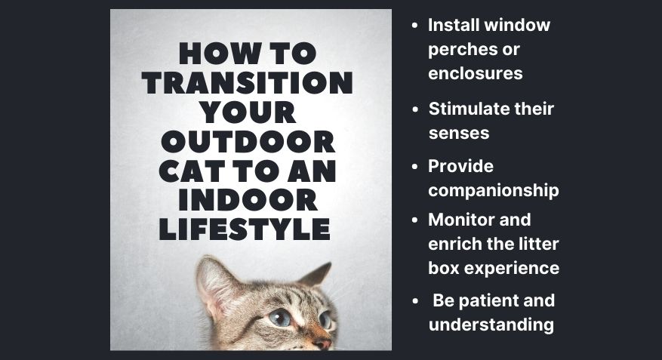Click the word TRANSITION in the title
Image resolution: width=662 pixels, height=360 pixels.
pos(248,83)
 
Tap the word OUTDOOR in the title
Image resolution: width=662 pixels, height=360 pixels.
pos(248,141)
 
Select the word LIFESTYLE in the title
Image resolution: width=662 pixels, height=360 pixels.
pos(245,229)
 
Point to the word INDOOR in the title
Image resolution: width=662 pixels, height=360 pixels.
pos(248,200)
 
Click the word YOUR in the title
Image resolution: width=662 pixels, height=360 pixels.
pos(248,112)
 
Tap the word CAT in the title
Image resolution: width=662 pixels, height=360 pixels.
pos(192,171)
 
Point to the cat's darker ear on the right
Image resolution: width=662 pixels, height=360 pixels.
pos(316,274)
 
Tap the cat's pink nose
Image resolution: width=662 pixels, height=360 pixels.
pos(323,343)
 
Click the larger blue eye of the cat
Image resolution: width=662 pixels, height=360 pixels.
pos(280,318)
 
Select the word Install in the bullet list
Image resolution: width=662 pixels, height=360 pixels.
pos(453,25)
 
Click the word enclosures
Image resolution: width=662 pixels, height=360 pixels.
pos(476,73)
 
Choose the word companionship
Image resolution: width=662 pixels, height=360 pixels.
pos(494,191)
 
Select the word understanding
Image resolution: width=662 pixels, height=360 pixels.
pos(491,325)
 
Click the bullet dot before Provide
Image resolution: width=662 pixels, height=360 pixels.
pos(415,167)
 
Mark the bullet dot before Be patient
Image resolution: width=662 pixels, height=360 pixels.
pos(415,301)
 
